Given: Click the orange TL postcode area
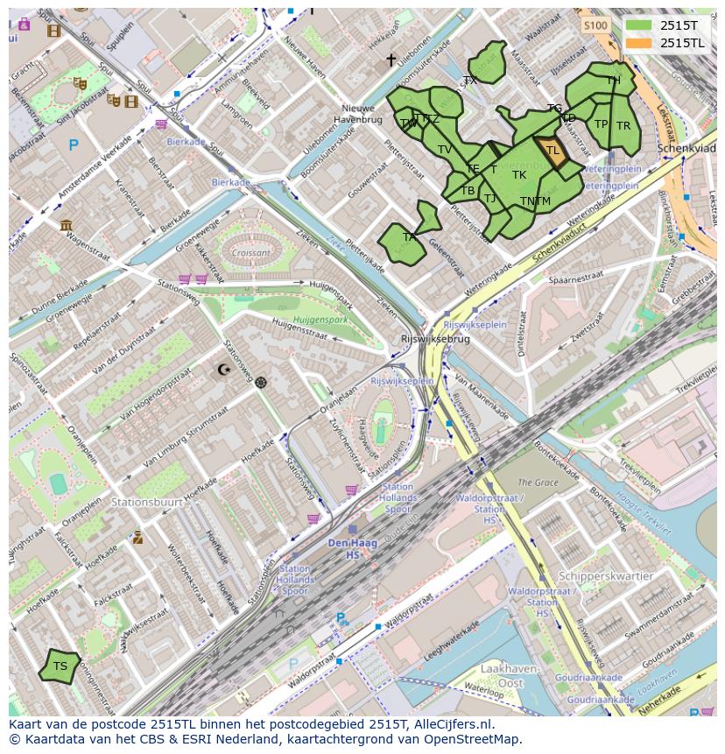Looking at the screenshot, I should click(552, 151).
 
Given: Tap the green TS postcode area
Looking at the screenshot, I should click(60, 666).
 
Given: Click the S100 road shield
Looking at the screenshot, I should click(595, 25).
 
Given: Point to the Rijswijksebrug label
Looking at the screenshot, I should click(434, 339).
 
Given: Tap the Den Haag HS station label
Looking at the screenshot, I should click(353, 549).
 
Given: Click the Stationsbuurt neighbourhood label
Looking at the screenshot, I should click(147, 503).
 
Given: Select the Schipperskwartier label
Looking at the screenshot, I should click(606, 576).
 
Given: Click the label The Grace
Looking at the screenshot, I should click(538, 483).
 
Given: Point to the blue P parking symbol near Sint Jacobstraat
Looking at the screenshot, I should click(74, 145).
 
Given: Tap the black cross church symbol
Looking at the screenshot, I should click(391, 60).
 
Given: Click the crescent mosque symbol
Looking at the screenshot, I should click(225, 370).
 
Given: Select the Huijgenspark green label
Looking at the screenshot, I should click(320, 320).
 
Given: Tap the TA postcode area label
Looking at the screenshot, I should click(409, 236).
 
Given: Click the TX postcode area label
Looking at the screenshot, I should click(470, 80).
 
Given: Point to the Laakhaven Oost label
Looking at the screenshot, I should click(504, 674).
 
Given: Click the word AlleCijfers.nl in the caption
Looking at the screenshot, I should click(454, 724).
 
